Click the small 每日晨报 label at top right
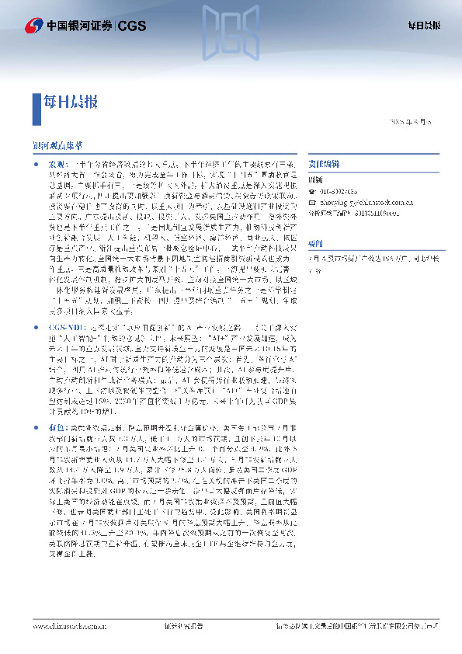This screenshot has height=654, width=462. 425,26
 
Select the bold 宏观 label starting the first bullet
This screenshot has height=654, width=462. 58,165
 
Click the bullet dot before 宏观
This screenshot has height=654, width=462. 37,165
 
